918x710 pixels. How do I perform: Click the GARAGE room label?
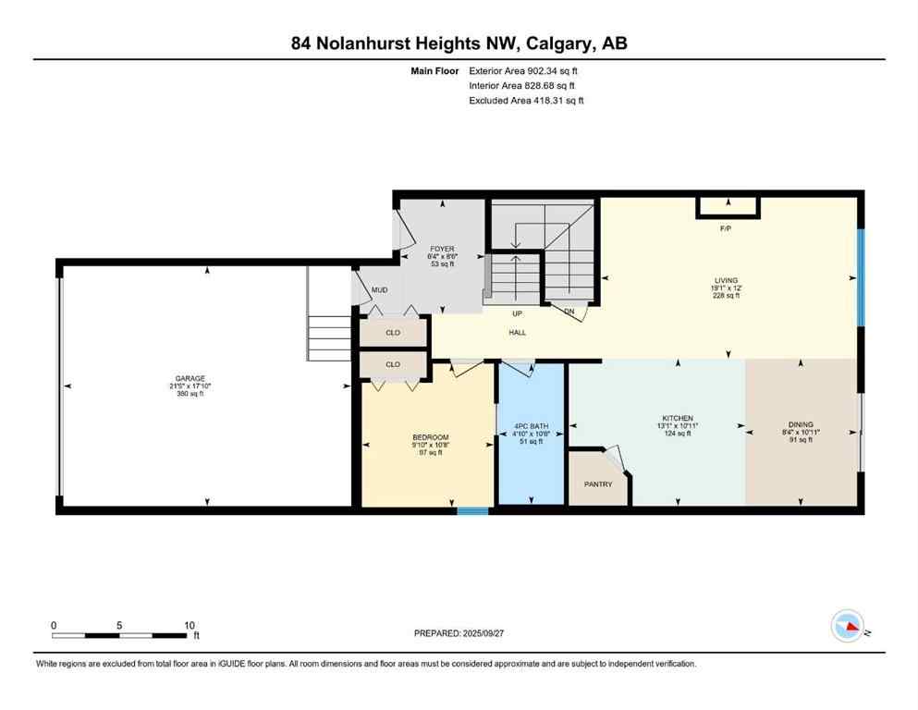[190, 378]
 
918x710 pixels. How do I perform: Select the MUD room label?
[379, 290]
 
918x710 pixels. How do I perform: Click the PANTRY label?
[597, 484]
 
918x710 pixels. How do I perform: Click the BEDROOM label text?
[430, 437]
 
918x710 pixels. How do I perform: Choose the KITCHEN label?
[678, 418]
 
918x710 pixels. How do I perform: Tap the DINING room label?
[800, 424]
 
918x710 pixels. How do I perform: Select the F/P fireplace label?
[727, 226]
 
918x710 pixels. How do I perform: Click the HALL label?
[517, 333]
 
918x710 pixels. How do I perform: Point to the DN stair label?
[569, 312]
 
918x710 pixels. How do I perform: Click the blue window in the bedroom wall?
[472, 509]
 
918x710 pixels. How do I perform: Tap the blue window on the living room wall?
[860, 277]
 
